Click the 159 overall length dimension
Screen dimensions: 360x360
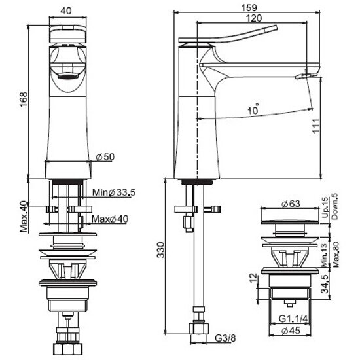point(249,8)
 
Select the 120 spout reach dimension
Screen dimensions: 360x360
point(253,18)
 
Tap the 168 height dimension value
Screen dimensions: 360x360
point(24,99)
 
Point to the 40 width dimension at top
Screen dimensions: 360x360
point(66,10)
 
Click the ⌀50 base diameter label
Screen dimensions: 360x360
point(105,157)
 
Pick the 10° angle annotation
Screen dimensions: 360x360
point(253,110)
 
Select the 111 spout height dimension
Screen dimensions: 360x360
point(316,126)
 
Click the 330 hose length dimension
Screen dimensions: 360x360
point(161,250)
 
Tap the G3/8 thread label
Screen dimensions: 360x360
point(225,338)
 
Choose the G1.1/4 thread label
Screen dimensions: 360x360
point(293,319)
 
